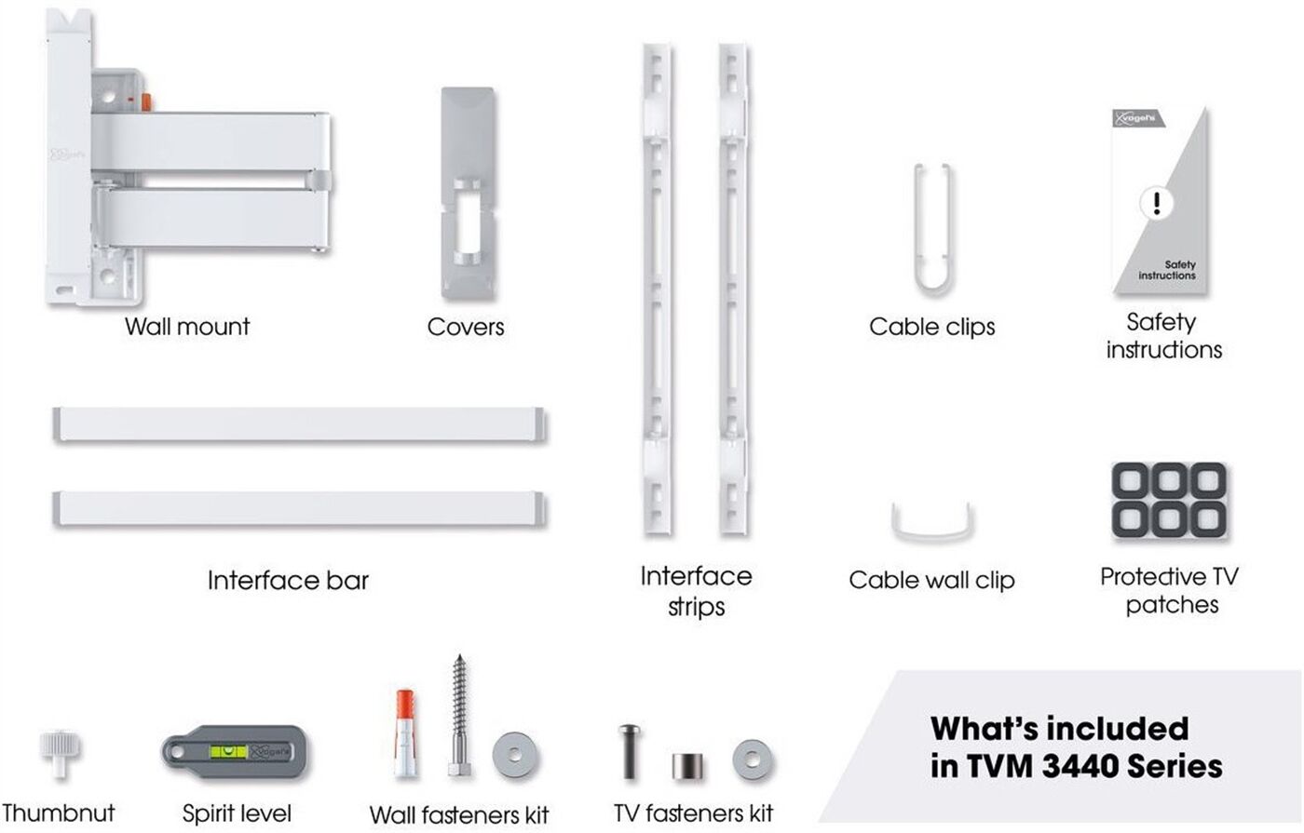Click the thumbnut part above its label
click(61, 752)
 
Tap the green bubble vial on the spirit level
click(228, 752)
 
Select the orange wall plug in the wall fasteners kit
click(406, 733)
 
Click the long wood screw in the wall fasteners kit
click(459, 715)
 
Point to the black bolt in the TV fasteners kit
click(630, 751)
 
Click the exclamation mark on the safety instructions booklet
click(1156, 204)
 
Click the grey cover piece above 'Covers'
click(468, 193)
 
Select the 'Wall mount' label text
click(187, 327)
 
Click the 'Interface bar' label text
click(288, 581)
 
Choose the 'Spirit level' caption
click(237, 813)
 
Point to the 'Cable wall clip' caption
click(931, 580)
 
